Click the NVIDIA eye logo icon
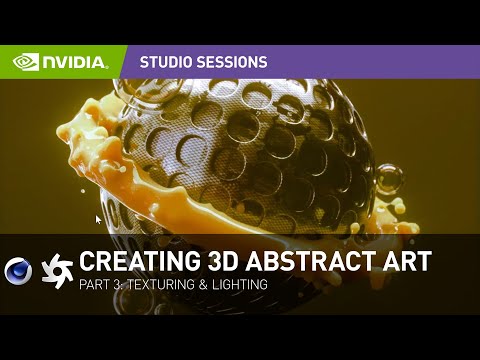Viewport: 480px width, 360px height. (25, 62)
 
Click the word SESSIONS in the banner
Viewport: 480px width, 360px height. (237, 62)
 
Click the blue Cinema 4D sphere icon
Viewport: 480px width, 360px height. (19, 270)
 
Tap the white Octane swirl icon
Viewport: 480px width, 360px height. (58, 270)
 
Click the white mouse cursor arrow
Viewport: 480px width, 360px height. (98, 220)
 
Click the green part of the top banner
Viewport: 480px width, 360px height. (60, 62)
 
